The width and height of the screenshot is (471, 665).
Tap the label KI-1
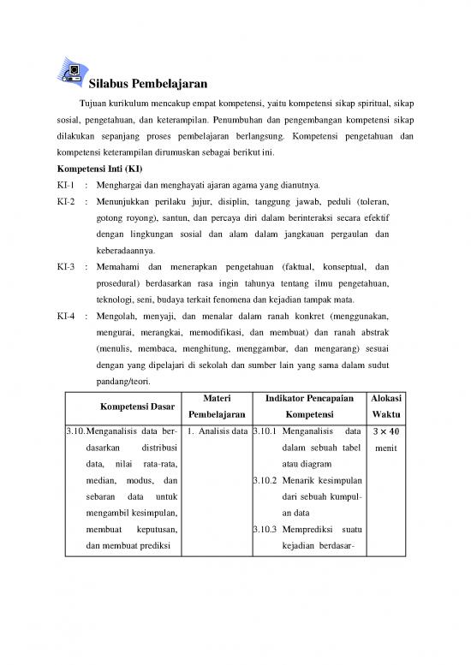(x=66, y=185)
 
